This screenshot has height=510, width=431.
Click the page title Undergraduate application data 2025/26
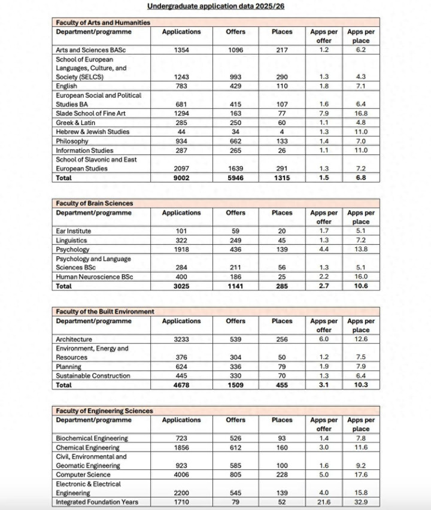coord(215,7)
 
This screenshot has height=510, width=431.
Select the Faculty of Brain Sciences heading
coord(95,204)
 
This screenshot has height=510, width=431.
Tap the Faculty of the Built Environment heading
coord(105,312)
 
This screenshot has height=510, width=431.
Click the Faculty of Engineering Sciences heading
coord(104,411)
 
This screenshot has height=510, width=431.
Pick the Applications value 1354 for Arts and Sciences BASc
coord(181,50)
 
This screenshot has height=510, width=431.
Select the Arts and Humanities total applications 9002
coord(181,178)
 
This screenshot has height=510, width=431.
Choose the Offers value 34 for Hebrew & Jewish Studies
coord(236,132)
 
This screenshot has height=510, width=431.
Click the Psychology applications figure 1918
coord(181,250)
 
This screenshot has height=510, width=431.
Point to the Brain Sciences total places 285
coord(282,286)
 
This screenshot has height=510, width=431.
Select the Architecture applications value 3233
coord(181,339)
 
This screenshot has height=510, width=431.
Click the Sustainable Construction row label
coord(93,376)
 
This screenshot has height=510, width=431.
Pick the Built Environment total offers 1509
coord(236,385)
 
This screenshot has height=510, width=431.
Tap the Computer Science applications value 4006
coord(181,475)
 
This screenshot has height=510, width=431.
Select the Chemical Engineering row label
coord(87,448)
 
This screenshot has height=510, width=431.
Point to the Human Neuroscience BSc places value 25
coord(282,277)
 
